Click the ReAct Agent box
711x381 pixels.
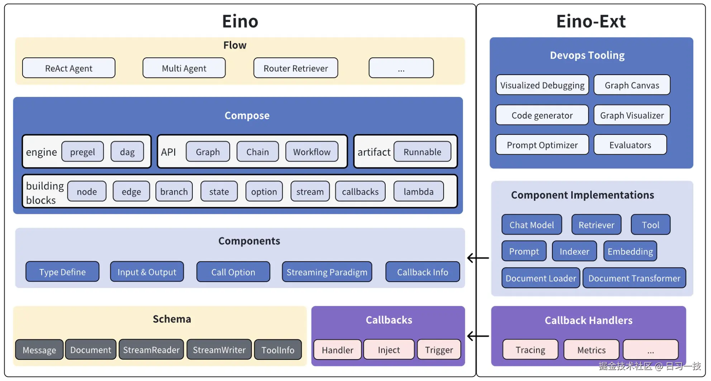coord(68,68)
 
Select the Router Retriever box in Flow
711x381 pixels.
coord(296,68)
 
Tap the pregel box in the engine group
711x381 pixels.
coord(82,152)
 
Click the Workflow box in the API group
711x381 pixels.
coord(312,152)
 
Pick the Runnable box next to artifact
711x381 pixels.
coord(422,152)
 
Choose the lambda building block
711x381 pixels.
coord(419,192)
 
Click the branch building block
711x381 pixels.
coord(174,192)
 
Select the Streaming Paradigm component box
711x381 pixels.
coord(327,272)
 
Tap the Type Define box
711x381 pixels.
coord(62,272)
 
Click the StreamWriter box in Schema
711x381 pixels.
coord(219,350)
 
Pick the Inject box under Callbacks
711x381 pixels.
coord(389,350)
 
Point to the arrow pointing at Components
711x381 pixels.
coord(478,258)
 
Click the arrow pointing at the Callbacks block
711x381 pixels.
coord(478,336)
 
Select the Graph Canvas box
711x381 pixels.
coord(632,85)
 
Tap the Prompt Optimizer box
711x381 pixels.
coord(542,145)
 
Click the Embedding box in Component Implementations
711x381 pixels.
coord(630,251)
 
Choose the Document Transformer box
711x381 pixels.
coord(634,278)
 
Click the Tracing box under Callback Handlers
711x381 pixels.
coord(530,350)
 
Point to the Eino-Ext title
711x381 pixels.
coord(591,21)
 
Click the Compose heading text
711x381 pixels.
coord(247,116)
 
